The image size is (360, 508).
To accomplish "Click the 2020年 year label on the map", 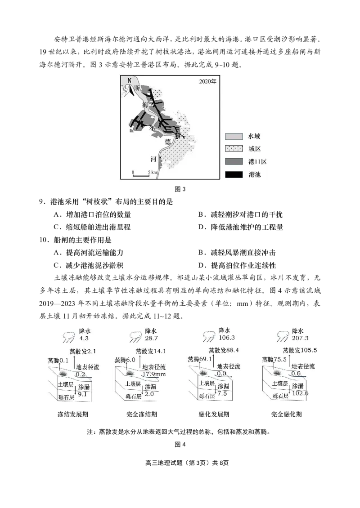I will [207, 82].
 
